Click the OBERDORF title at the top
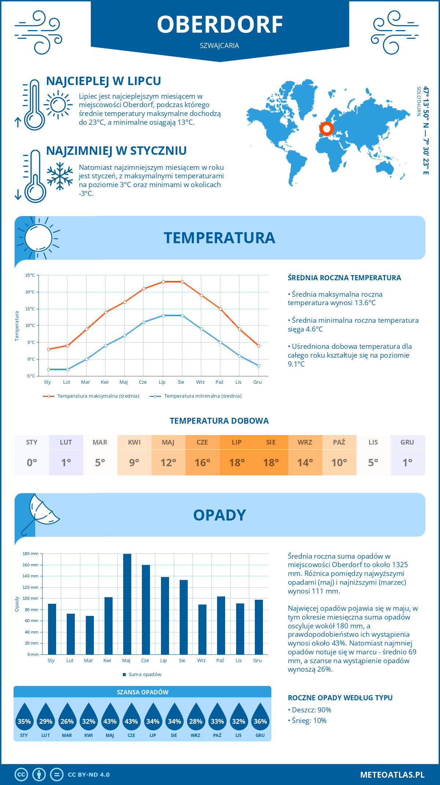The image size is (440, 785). [220, 25]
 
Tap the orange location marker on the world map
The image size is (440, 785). [326, 129]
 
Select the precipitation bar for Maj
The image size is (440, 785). [127, 604]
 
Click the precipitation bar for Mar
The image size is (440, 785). [90, 635]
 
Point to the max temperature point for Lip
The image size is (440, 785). [163, 282]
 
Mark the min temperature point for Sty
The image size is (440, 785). [48, 369]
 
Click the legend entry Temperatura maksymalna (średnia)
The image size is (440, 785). [91, 396]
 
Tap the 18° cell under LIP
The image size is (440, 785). [237, 463]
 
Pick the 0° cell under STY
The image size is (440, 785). [32, 463]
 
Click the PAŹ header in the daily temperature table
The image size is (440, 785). [339, 442]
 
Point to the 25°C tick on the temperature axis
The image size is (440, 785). [30, 275]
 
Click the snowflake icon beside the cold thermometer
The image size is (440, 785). [60, 176]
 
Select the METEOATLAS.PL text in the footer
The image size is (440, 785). [392, 775]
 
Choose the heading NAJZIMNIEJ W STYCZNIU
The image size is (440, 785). [116, 151]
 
